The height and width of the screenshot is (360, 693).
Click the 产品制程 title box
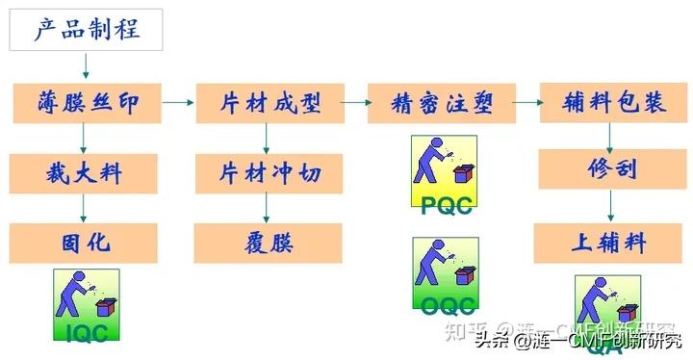(87, 30)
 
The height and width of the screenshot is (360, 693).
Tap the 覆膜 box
(268, 243)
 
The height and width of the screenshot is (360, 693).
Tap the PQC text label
(446, 205)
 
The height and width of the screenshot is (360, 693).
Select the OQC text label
(446, 305)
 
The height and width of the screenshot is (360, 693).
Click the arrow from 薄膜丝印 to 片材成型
(177, 102)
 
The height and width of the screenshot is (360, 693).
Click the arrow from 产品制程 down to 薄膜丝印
(86, 66)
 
